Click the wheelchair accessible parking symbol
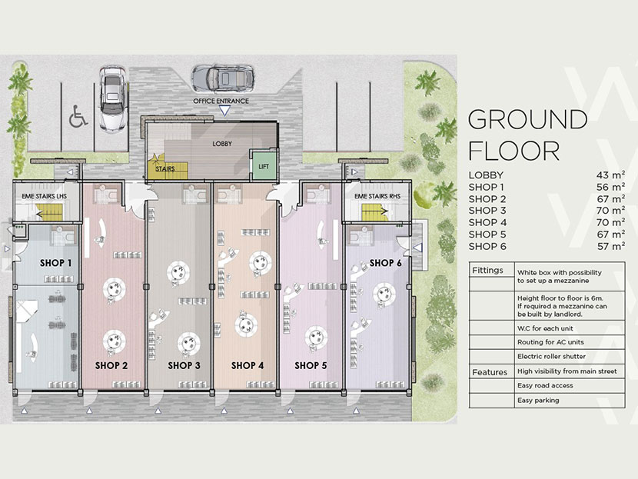pyautogui.click(x=78, y=117)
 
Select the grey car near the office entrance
pyautogui.click(x=223, y=77)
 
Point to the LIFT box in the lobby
pyautogui.click(x=264, y=166)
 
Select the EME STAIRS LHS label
pyautogui.click(x=45, y=198)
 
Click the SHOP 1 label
pyautogui.click(x=56, y=262)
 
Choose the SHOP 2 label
pyautogui.click(x=111, y=365)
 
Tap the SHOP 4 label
pyautogui.click(x=248, y=365)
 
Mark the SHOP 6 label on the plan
pyautogui.click(x=385, y=263)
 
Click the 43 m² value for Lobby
pyautogui.click(x=612, y=175)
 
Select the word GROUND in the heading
pyautogui.click(x=527, y=119)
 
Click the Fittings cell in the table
pyautogui.click(x=488, y=271)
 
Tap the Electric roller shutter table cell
pyautogui.click(x=551, y=355)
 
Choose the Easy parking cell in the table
pyautogui.click(x=538, y=400)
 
